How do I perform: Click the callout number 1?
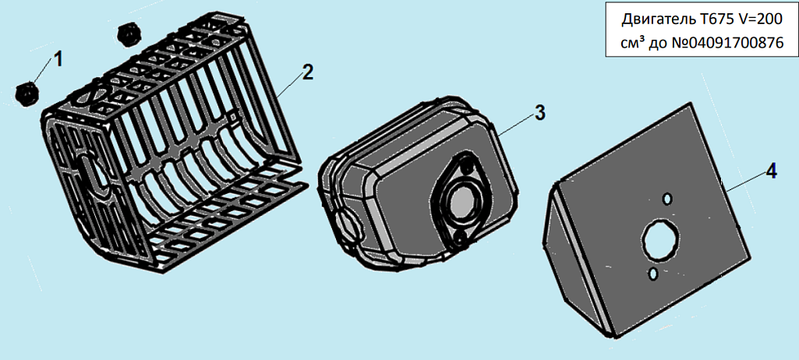(58, 59)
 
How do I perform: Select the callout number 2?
(307, 72)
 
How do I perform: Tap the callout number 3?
(540, 112)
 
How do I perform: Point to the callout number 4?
(771, 171)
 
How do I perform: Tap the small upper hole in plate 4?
(667, 198)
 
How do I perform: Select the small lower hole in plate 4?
(652, 274)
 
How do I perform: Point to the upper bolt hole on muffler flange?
(465, 166)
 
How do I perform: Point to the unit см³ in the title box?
(633, 44)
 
